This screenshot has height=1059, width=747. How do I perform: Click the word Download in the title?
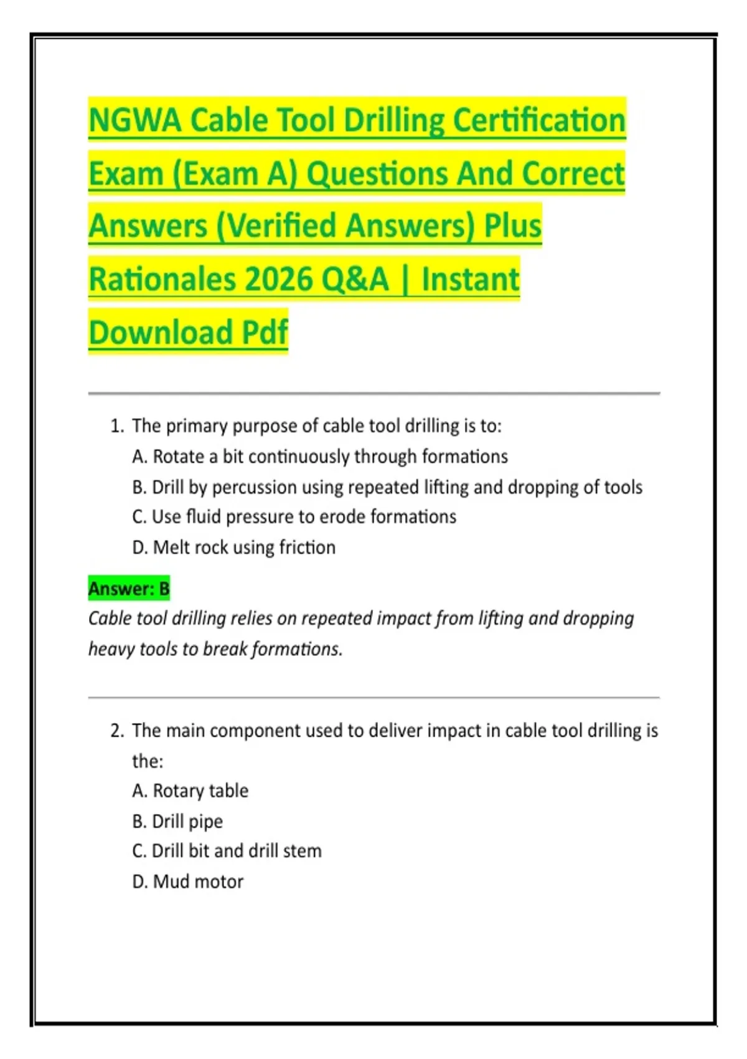point(161,332)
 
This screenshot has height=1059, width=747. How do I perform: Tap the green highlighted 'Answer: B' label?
point(129,589)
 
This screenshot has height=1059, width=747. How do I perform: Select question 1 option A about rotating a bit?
point(320,457)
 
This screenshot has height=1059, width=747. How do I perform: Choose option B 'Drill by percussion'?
point(387,487)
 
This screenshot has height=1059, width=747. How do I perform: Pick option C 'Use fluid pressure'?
point(294,517)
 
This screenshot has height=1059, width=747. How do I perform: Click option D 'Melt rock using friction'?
point(234,548)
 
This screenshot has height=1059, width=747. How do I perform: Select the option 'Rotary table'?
point(190,791)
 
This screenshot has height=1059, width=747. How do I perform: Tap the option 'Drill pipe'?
point(177,822)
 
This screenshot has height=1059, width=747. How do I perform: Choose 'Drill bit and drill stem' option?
point(227,851)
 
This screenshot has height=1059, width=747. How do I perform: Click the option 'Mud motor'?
point(188,882)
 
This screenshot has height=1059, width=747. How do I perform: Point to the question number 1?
point(116,426)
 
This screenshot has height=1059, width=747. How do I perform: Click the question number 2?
point(117,731)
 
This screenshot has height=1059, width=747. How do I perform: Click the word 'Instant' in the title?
point(470,279)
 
